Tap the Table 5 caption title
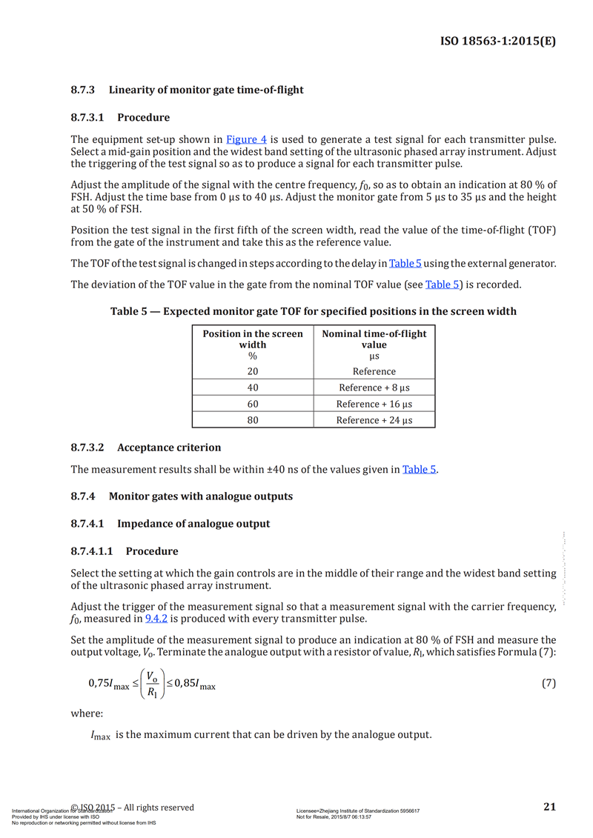click(x=314, y=311)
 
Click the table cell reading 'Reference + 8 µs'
click(x=374, y=388)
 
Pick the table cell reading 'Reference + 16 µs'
click(x=374, y=404)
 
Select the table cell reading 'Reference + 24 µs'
click(x=374, y=420)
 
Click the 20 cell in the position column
click(x=253, y=371)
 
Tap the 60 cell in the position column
click(x=253, y=404)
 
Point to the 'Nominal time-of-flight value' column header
click(x=374, y=339)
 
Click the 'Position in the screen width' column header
click(x=253, y=339)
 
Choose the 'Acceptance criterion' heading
click(x=169, y=448)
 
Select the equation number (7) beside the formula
click(x=549, y=684)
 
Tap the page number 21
click(x=549, y=807)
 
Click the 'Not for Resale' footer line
click(x=334, y=817)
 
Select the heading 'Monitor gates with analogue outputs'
click(x=201, y=496)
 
